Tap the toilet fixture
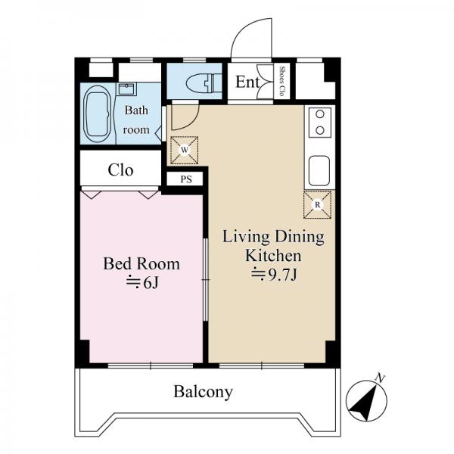coord(204,82)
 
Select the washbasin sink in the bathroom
coord(126,89)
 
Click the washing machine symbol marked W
coord(184,150)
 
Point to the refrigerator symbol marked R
coord(317,205)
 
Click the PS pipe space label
coord(186,179)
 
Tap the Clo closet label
coord(120,170)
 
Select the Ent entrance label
coord(247,82)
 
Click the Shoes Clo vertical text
coord(281,81)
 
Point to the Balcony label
coord(203,392)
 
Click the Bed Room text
coord(141,263)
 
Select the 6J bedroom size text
coord(143,282)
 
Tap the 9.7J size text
coord(274,275)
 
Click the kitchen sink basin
coord(319,171)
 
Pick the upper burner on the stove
coord(319,114)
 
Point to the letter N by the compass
coord(380,378)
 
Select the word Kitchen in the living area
coord(273,256)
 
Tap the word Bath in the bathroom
coord(136,110)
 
